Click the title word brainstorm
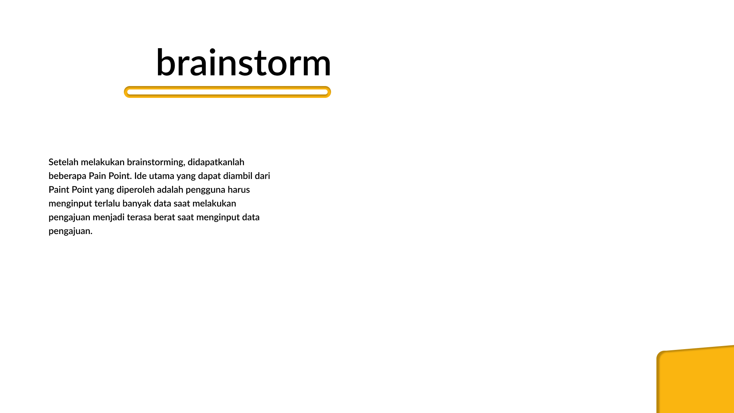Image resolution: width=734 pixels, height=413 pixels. pyautogui.click(x=244, y=62)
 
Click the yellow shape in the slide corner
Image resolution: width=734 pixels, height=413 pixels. pyautogui.click(x=695, y=379)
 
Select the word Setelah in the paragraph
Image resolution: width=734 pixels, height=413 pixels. pyautogui.click(x=63, y=162)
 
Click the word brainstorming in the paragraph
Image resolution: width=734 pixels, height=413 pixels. pyautogui.click(x=156, y=163)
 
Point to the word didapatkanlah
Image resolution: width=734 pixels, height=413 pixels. pyautogui.click(x=216, y=162)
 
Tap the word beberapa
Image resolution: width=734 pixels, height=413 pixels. pyautogui.click(x=67, y=176)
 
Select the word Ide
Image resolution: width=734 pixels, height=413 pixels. pyautogui.click(x=140, y=176)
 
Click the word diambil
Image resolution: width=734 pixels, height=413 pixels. pyautogui.click(x=238, y=176)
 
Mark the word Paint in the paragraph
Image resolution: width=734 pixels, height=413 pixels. pyautogui.click(x=59, y=190)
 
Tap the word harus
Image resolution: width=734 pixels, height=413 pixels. pyautogui.click(x=239, y=190)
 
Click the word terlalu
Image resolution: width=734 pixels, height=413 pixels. pyautogui.click(x=107, y=203)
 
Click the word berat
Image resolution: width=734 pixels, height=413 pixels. pyautogui.click(x=164, y=217)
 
